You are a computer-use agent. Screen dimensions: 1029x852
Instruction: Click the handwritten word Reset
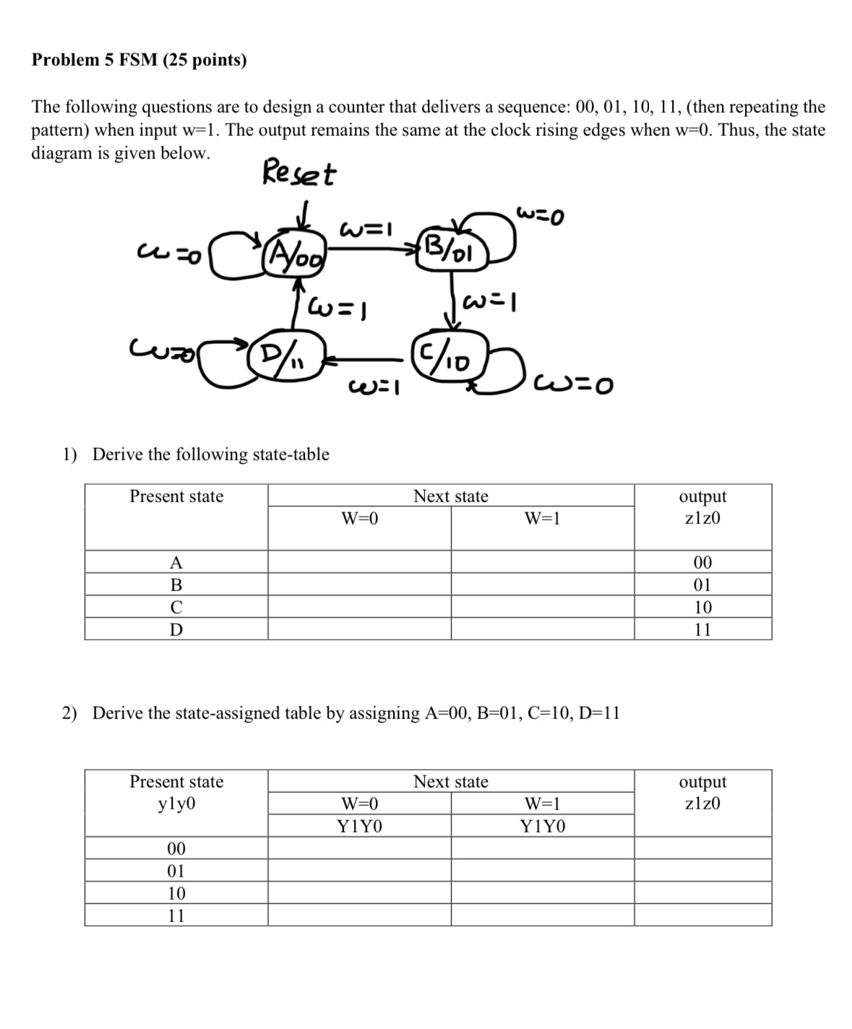[298, 174]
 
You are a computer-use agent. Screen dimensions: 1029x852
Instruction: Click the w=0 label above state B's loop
[540, 215]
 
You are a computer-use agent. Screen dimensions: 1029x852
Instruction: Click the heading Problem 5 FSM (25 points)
[139, 60]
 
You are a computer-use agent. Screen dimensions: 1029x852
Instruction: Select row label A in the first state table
[176, 562]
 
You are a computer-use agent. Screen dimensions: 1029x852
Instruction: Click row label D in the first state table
[176, 629]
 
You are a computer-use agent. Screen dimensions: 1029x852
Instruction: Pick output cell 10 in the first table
[702, 607]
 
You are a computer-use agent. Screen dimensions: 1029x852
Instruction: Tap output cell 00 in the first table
[702, 562]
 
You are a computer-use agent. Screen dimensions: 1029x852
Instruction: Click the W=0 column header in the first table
[360, 518]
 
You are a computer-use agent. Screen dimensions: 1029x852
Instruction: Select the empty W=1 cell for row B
[543, 585]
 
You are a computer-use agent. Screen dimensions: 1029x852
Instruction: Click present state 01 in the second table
[176, 871]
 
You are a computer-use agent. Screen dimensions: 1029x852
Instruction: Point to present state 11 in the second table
[176, 916]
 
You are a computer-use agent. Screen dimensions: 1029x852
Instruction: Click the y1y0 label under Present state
[176, 804]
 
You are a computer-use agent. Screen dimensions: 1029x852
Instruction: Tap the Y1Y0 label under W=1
[543, 827]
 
